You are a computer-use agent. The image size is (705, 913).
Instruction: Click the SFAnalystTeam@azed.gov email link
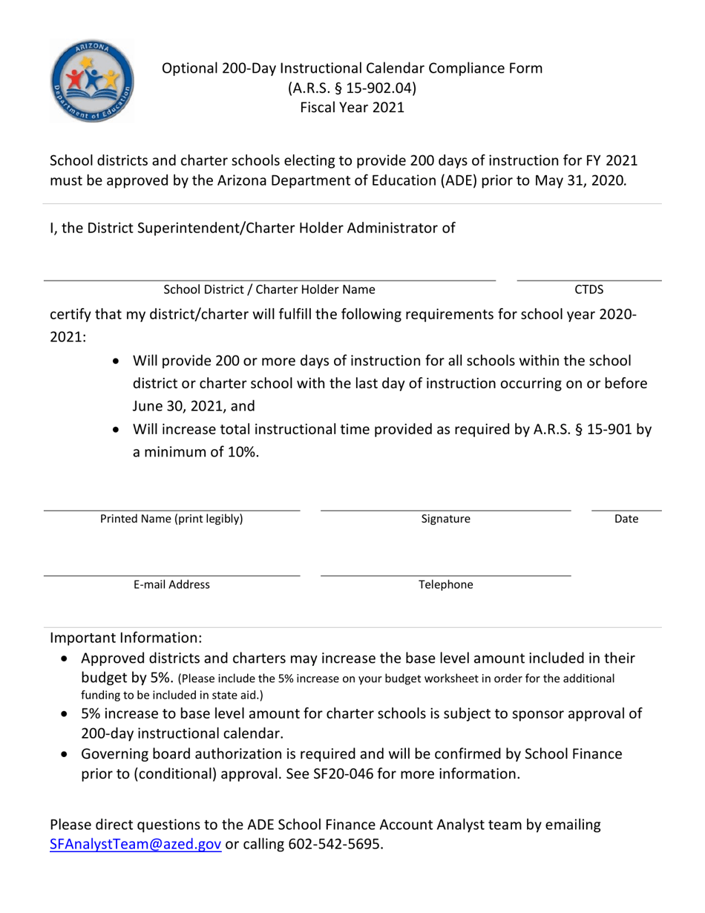[135, 845]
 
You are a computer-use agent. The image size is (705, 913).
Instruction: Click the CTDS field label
[589, 289]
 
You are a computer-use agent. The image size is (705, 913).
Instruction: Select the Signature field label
[445, 519]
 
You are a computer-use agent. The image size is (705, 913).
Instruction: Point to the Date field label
[626, 519]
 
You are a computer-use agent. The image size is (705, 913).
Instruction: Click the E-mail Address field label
[171, 584]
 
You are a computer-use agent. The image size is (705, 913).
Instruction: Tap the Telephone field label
[445, 584]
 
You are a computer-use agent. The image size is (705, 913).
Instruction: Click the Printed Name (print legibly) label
[171, 519]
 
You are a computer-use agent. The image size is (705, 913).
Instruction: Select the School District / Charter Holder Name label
[269, 289]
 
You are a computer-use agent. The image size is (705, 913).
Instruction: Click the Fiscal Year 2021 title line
[352, 108]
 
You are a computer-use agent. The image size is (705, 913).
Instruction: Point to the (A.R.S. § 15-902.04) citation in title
[352, 88]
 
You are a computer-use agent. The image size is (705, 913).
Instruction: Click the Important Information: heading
[125, 638]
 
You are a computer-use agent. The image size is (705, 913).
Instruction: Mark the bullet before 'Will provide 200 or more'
[118, 361]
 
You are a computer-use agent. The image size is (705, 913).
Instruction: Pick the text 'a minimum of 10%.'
[196, 451]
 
